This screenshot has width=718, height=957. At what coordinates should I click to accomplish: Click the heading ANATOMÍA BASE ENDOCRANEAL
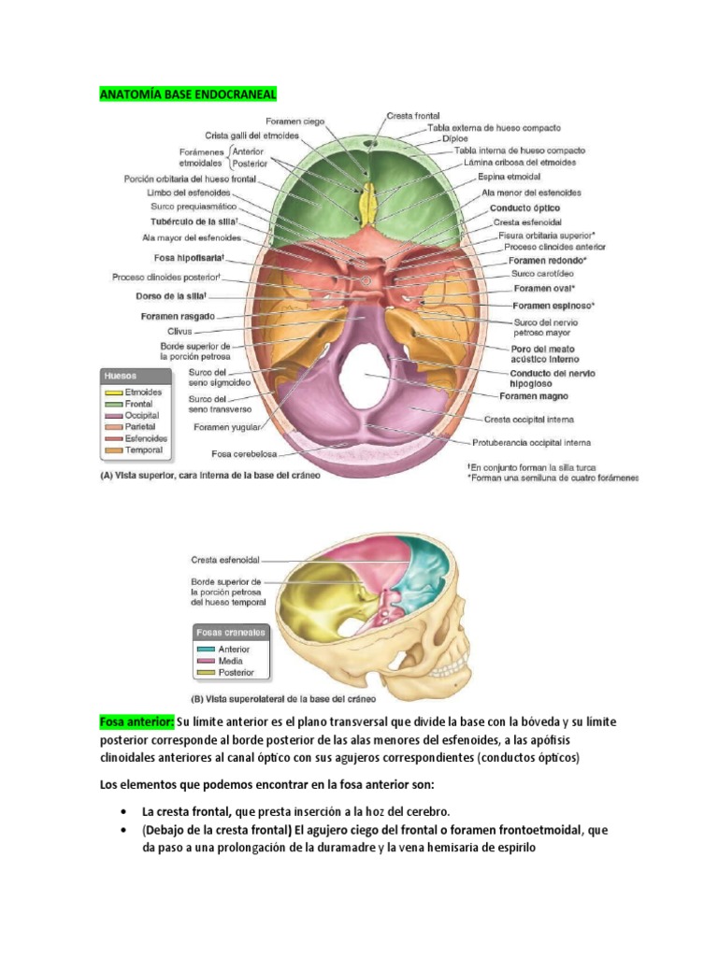[188, 93]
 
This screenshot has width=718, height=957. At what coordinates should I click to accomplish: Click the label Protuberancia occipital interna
[530, 442]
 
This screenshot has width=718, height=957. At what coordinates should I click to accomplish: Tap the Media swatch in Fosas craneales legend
[206, 660]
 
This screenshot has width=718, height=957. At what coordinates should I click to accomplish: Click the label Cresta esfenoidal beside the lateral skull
[223, 561]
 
